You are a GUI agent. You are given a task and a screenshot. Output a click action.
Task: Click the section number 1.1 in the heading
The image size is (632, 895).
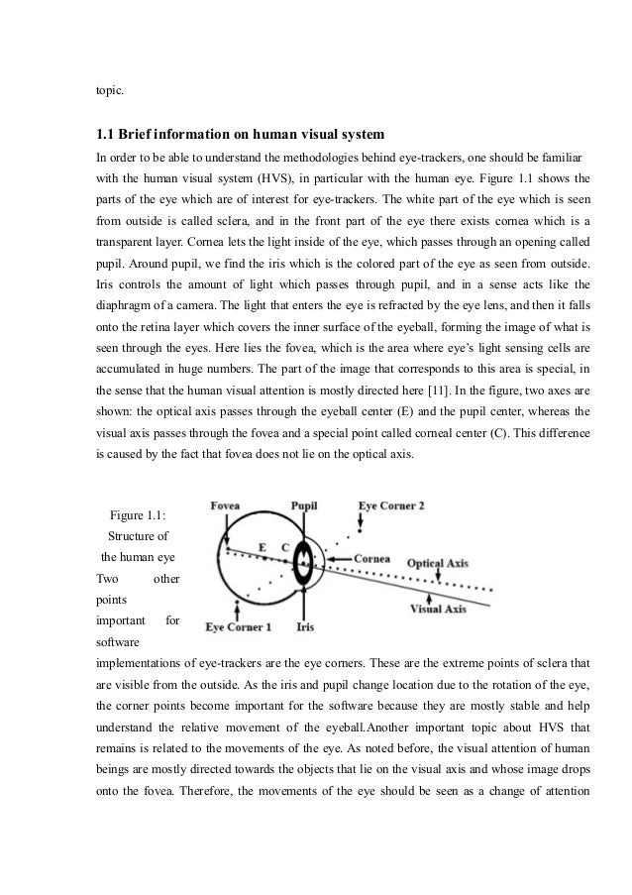point(105,135)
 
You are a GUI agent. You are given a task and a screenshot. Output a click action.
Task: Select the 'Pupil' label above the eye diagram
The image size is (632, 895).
point(303,504)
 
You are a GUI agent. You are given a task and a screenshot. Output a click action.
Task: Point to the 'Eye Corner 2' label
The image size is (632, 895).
point(391,504)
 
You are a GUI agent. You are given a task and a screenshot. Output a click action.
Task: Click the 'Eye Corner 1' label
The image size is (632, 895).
point(238,627)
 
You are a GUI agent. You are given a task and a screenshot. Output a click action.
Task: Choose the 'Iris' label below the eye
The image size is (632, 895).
point(306,627)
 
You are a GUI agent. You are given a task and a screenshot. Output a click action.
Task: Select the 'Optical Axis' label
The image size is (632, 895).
point(437,562)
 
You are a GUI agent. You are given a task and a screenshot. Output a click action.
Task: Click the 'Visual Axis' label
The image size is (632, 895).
point(438,609)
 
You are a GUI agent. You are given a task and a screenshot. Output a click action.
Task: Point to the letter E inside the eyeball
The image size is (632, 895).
point(263,546)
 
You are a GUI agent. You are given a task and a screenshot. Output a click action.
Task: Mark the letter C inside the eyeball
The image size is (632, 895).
point(285,546)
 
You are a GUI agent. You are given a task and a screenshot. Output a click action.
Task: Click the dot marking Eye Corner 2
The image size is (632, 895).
point(358,531)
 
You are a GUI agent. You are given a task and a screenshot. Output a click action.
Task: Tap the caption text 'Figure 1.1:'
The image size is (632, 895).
point(137,514)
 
